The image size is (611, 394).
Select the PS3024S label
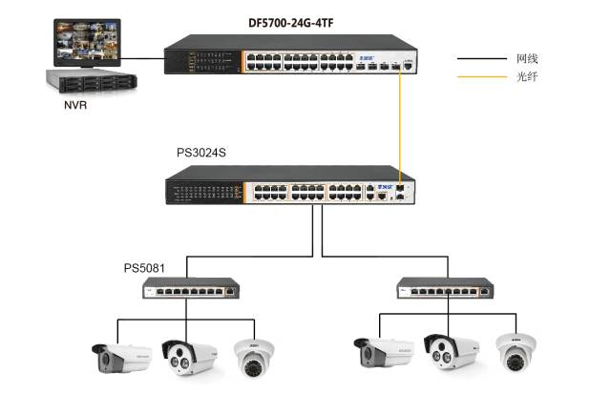200,153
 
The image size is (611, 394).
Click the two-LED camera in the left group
184,356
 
